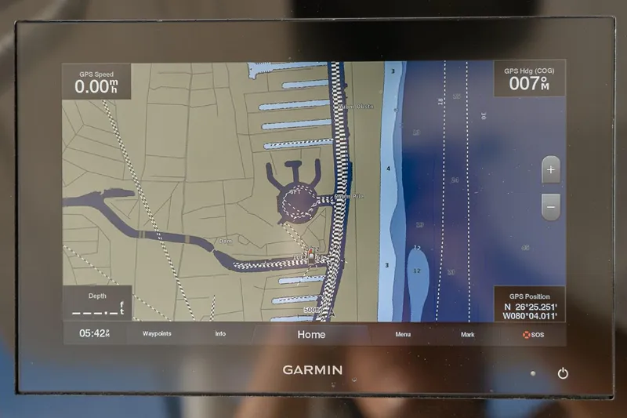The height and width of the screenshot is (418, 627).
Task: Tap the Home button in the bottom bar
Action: coord(311,334)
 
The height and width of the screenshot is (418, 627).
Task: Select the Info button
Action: coord(220,334)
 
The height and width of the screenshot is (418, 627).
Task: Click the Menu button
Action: coord(403,335)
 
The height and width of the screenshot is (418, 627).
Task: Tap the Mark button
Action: coord(467,335)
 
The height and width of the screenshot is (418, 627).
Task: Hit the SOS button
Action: coord(534,335)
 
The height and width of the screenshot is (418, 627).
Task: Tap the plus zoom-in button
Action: coord(551,169)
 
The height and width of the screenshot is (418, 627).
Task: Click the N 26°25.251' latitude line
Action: coord(531,307)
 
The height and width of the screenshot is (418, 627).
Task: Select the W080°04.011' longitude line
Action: coord(530,317)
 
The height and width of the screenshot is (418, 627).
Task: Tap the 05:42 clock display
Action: coord(94,333)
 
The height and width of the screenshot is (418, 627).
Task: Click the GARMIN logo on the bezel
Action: coord(312,369)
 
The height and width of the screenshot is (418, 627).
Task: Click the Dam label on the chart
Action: coord(226,241)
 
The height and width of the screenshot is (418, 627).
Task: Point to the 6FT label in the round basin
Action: coord(295,191)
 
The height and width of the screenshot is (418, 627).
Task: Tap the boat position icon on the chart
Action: coord(312,256)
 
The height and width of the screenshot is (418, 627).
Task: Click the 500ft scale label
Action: coord(313,310)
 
